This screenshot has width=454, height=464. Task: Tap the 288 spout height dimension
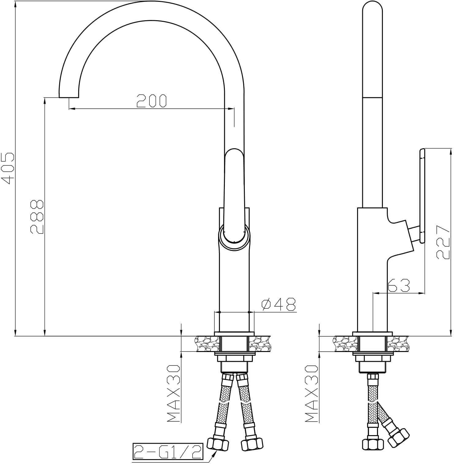click(37, 217)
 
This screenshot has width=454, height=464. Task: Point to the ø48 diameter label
click(279, 304)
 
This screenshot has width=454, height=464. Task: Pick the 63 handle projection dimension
click(399, 286)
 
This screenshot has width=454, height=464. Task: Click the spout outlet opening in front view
click(69, 97)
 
